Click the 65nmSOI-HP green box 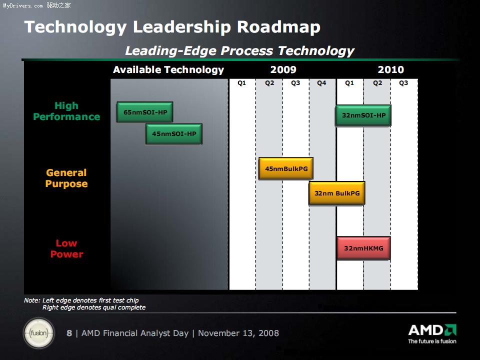coord(145,112)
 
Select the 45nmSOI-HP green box coord(174,134)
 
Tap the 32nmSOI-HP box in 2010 coord(363,115)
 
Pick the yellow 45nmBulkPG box coord(286,168)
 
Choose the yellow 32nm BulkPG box coord(336,193)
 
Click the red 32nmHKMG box coord(363,248)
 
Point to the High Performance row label coord(66,111)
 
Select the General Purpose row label coord(66,178)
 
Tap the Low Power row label coord(66,248)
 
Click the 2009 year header coord(283,70)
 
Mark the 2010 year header coord(390,70)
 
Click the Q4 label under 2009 coord(321,83)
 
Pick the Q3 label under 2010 coord(403,83)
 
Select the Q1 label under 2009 coord(241,83)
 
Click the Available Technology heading coord(168,70)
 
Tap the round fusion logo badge coord(39,333)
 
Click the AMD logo coord(432,330)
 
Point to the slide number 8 coord(69,333)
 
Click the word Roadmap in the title coord(278,27)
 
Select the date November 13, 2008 coord(238,333)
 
